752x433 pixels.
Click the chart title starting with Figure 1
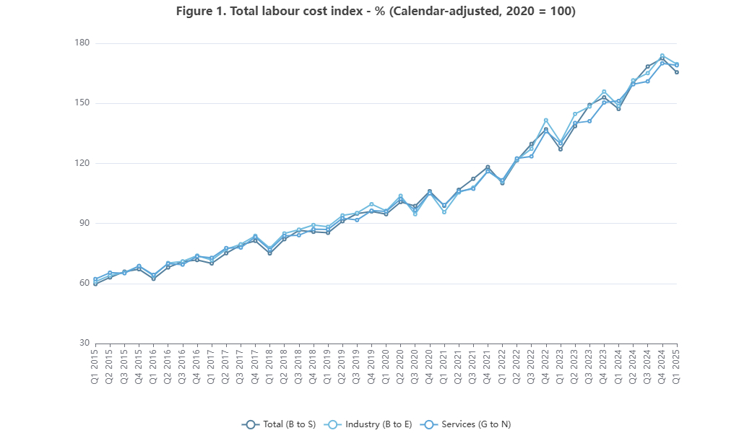click(376, 12)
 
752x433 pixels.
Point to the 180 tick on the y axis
click(82, 43)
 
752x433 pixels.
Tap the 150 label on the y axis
click(82, 103)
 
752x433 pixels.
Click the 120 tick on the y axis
click(82, 163)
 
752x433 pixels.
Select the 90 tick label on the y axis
click(84, 223)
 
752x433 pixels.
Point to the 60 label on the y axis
click(84, 284)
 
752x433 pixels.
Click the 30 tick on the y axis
click(84, 344)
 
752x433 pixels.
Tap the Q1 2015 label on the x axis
click(95, 365)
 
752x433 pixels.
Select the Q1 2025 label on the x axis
click(677, 365)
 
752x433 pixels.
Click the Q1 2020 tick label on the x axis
click(386, 365)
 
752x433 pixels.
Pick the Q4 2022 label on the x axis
click(546, 365)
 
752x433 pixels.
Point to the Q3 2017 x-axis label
click(241, 365)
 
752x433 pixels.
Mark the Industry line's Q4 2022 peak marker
click(546, 120)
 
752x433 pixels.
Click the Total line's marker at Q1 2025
click(677, 72)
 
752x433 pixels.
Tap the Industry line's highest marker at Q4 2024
click(662, 56)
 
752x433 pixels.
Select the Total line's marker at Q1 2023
click(561, 149)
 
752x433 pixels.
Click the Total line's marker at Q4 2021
click(488, 167)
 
